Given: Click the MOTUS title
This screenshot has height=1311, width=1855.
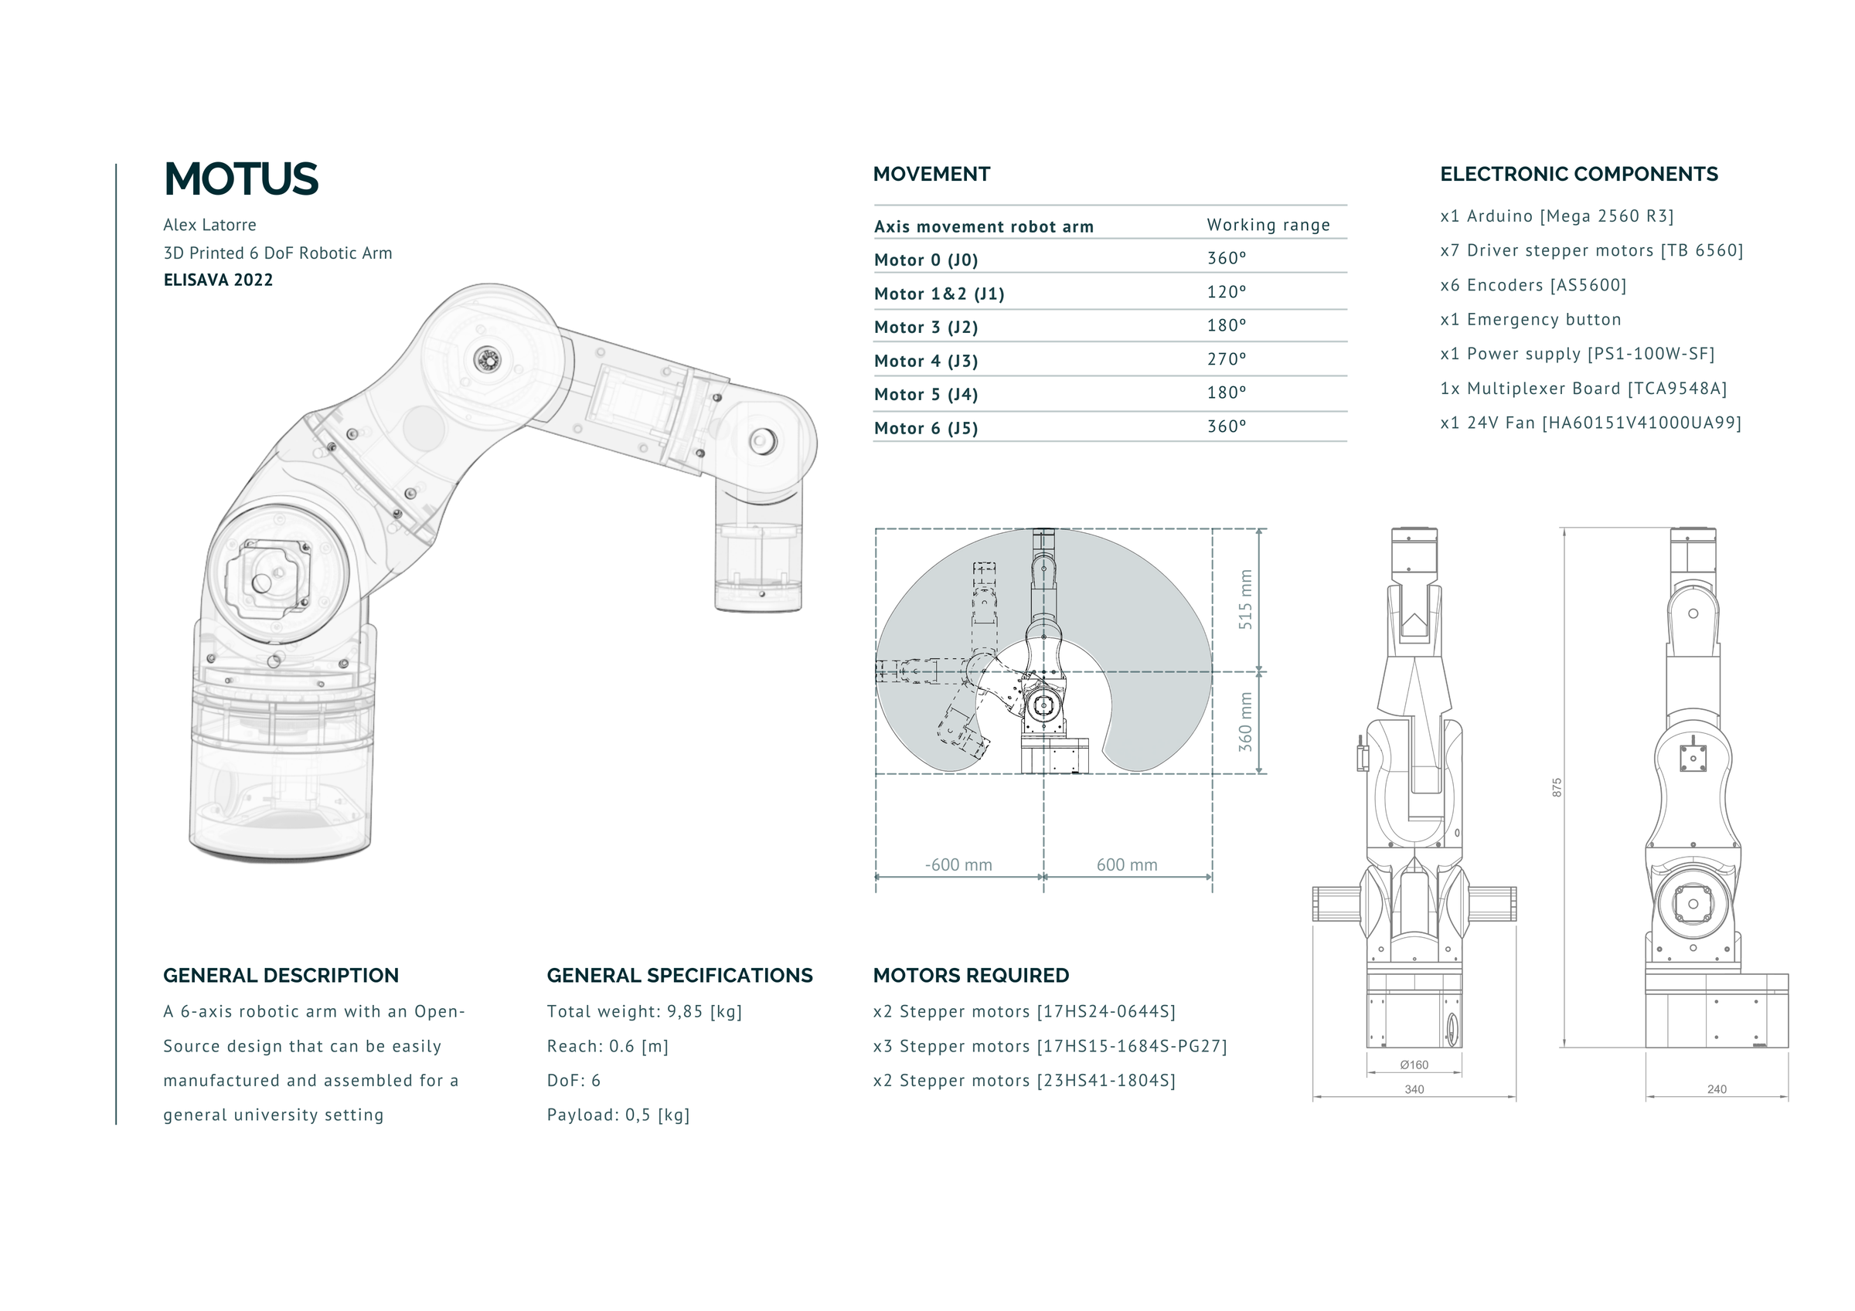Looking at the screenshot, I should click(240, 179).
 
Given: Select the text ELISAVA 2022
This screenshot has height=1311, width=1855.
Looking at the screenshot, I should click(218, 280).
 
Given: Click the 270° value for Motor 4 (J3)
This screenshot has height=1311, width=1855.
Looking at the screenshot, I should click(1227, 359).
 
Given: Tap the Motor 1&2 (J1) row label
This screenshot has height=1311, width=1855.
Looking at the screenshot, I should click(939, 294).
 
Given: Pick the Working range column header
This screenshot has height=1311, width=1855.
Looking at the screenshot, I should click(1268, 226).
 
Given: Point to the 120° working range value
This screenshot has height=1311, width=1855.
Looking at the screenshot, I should click(1227, 293).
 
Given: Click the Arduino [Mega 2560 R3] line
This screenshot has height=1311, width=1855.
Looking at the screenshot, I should click(1556, 216).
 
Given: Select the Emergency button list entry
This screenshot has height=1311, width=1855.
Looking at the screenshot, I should click(1530, 320).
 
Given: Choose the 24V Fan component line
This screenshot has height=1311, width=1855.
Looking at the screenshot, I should click(1590, 423).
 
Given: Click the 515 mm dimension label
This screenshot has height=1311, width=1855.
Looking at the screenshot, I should click(1245, 600).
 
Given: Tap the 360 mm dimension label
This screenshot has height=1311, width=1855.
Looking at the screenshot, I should click(1245, 722).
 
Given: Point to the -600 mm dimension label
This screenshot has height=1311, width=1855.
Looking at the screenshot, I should click(958, 865).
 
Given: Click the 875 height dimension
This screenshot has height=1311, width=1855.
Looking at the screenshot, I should click(1556, 787).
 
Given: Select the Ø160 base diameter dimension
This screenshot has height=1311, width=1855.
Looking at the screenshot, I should click(1414, 1065).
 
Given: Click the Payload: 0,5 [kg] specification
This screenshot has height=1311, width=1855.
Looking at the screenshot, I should click(618, 1116).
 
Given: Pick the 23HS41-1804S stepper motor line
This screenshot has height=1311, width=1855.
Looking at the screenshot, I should click(1023, 1081).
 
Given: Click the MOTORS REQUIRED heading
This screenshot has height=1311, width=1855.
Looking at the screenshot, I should click(970, 976).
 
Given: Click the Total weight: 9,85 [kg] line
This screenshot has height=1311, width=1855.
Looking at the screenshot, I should click(644, 1012).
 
